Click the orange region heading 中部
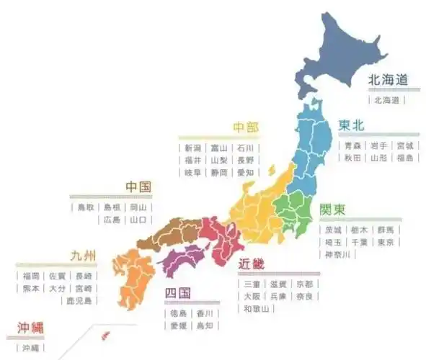point(245,127)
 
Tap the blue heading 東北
point(351,125)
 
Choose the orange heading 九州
point(83,256)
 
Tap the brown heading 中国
point(138,187)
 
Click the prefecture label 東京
point(385,243)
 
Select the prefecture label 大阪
point(252,296)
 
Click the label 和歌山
point(256,309)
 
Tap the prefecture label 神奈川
point(337,255)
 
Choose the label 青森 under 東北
point(352,145)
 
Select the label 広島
point(112,220)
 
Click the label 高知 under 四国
point(205,325)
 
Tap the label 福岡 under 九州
point(30,276)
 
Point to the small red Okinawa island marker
point(105,333)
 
